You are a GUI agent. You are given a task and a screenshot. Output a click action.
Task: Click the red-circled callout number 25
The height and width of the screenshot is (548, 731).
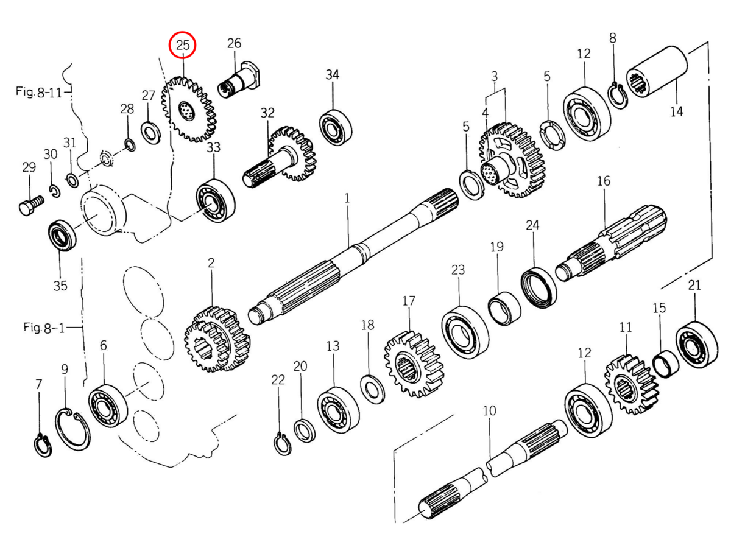pos(183,44)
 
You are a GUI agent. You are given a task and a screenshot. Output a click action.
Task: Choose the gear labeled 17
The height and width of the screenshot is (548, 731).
pos(413,364)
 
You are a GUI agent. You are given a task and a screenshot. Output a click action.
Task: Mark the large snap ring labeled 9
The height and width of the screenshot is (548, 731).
pos(72,430)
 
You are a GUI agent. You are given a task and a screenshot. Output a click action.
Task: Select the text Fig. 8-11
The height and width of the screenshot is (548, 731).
pos(40,92)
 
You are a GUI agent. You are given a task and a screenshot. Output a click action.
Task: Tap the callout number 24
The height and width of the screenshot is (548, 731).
pos(532,226)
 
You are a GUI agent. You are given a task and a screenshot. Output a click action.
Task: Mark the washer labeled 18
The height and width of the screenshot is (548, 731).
pos(372,390)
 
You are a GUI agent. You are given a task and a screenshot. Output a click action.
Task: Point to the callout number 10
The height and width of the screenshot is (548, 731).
pos(490,411)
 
